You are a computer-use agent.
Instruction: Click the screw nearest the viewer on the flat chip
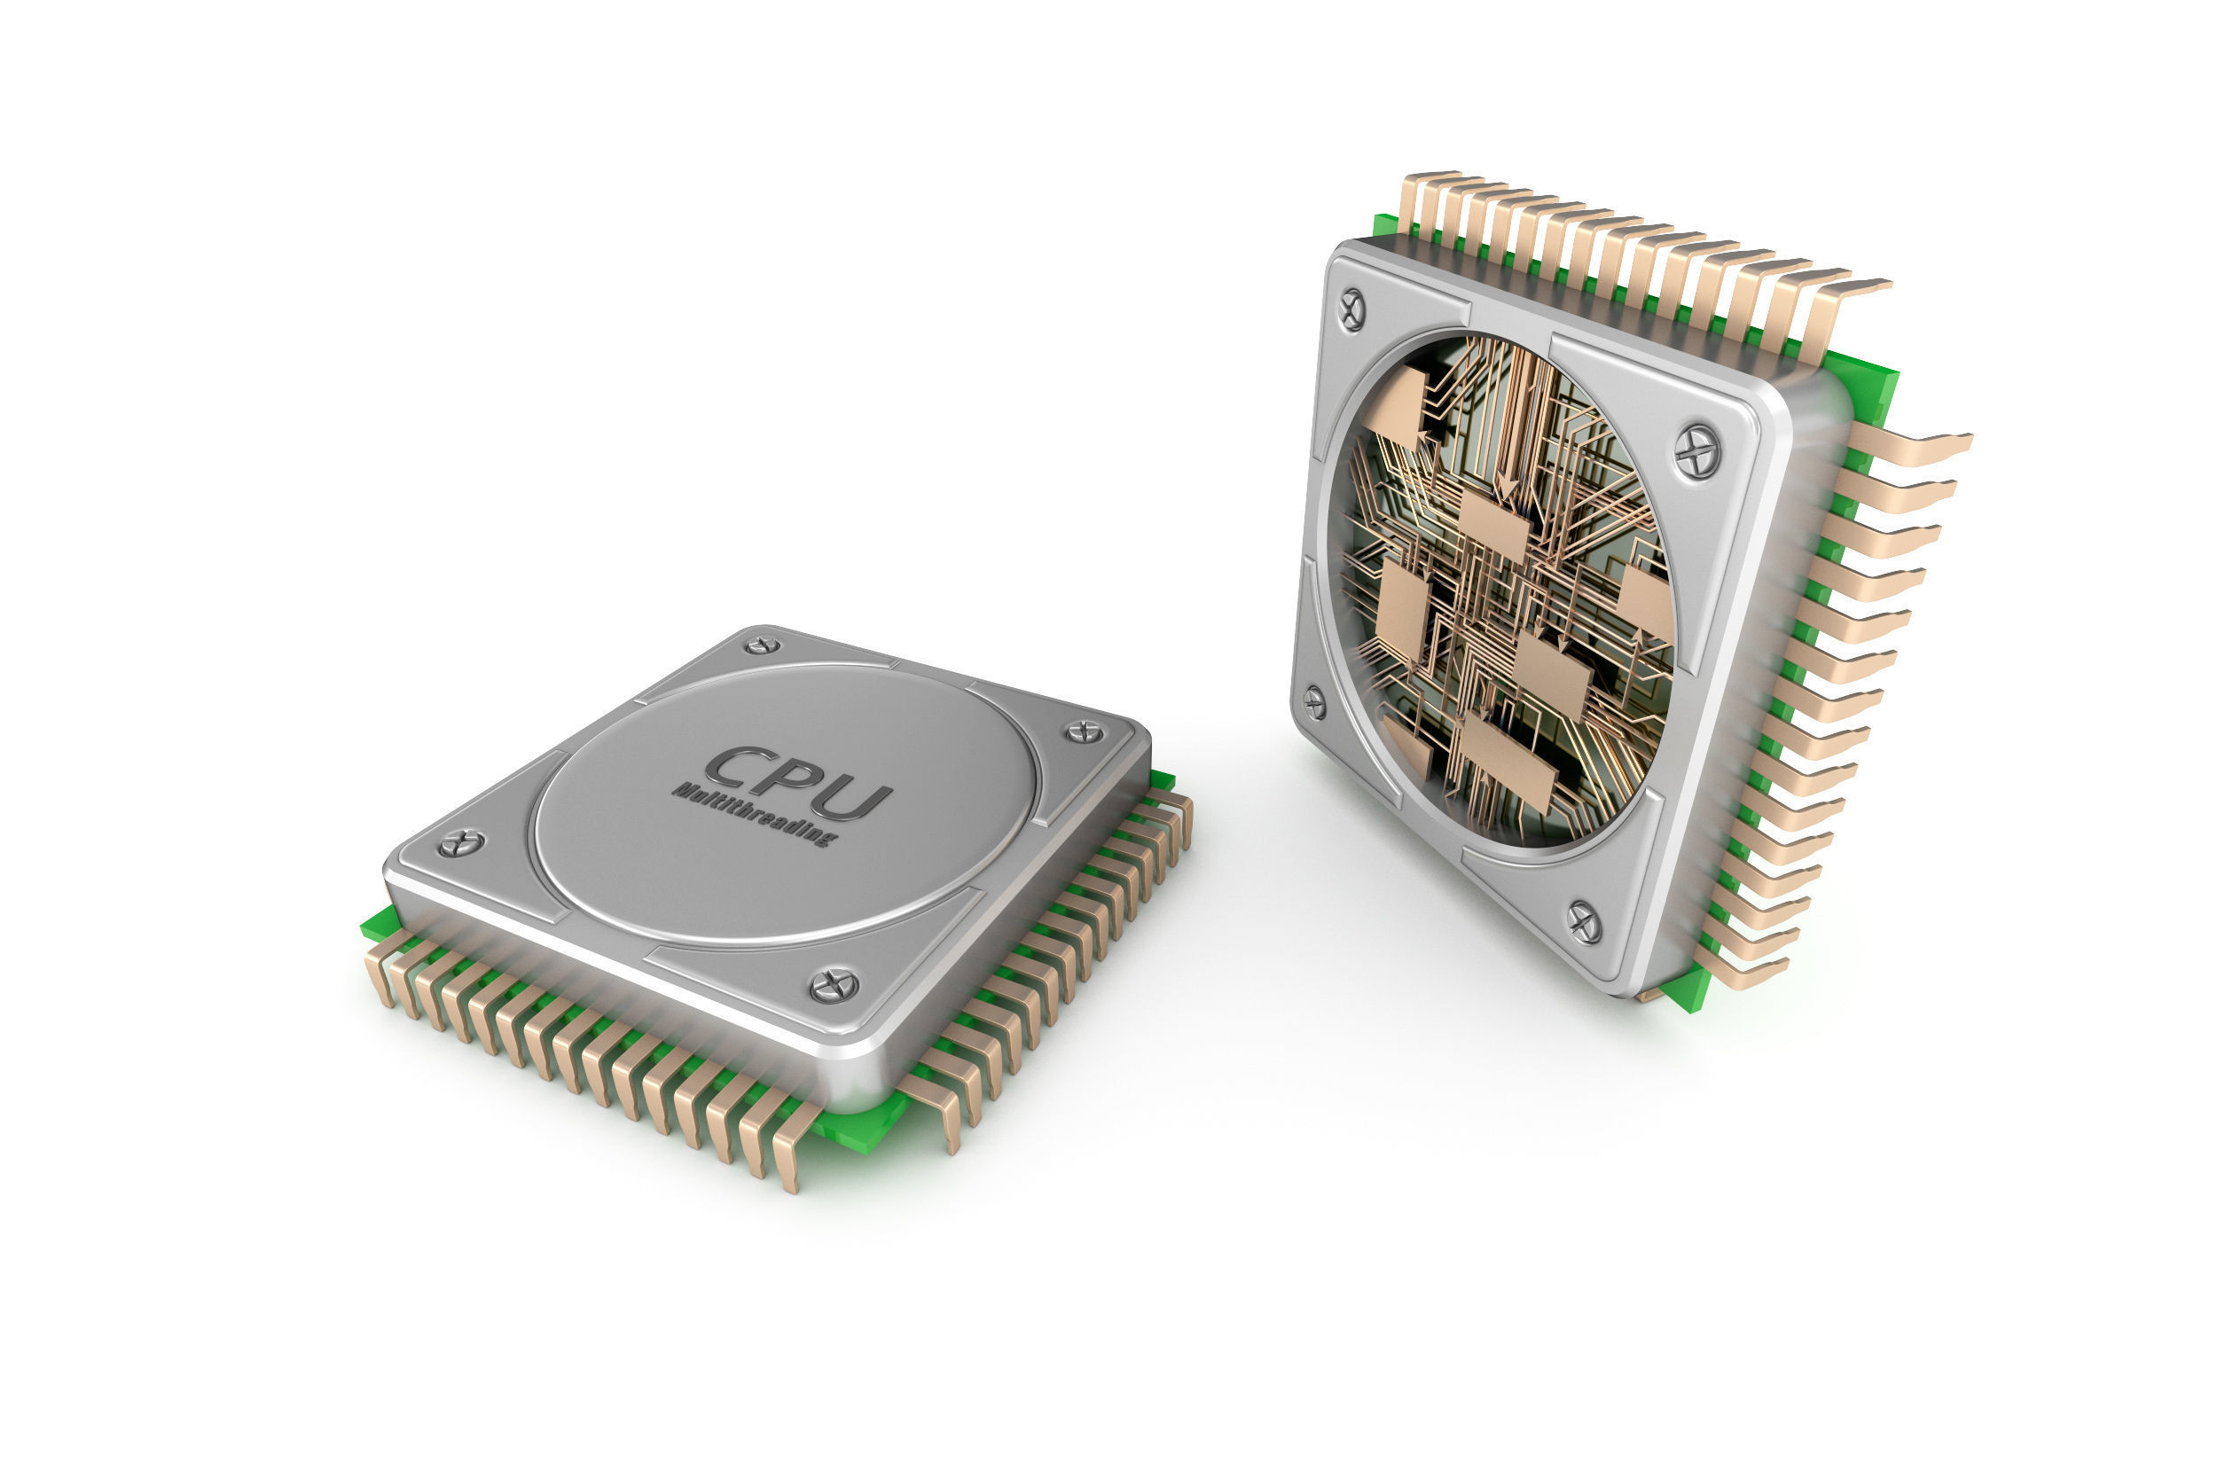pos(834,986)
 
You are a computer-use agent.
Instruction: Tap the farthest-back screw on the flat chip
pos(762,645)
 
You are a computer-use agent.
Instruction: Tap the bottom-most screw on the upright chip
pos(1584,922)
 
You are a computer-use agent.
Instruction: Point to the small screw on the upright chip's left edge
pos(1314,702)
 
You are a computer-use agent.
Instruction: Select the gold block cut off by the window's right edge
pos(1646,603)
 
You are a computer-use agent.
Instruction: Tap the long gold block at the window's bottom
pos(1508,763)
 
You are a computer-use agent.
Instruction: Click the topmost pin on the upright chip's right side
pos(1914,447)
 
